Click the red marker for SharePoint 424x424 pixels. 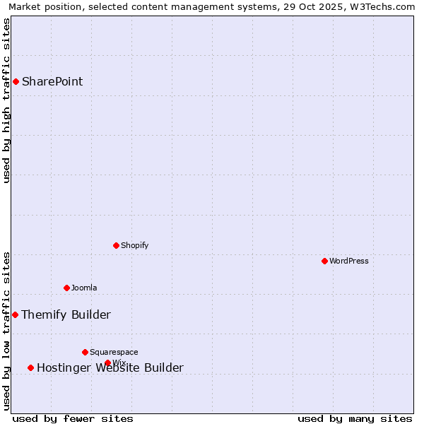point(16,81)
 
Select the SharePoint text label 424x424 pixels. point(52,81)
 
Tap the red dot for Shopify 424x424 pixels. point(116,245)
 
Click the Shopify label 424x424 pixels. point(134,245)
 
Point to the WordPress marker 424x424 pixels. point(324,261)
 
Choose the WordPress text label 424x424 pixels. point(349,261)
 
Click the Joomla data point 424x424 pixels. point(66,288)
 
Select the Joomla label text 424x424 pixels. point(84,288)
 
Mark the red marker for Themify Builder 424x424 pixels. point(15,314)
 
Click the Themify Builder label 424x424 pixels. point(66,314)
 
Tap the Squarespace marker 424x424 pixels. point(85,352)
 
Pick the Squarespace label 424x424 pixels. point(114,352)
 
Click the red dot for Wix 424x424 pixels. point(107,363)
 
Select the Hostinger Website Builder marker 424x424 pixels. point(30,367)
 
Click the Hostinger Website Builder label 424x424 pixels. point(110,367)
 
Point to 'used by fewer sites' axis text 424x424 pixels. point(73,418)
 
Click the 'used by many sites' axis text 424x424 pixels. point(355,418)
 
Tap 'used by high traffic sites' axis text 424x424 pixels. point(6,100)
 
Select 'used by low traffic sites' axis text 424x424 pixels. point(6,331)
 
